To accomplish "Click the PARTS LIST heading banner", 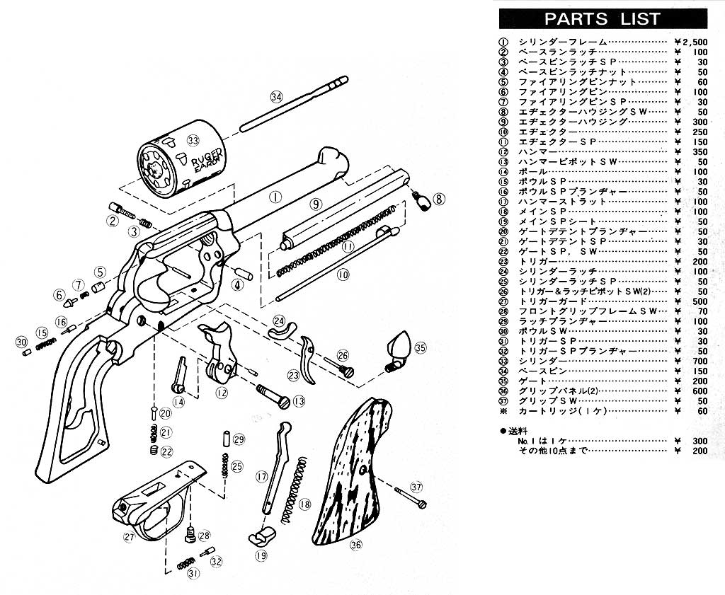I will coord(603,18).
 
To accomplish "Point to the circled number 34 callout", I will coord(276,96).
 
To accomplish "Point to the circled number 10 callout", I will coord(343,275).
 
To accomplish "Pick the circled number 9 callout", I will coord(315,204).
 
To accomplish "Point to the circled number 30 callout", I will coord(21,342).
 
